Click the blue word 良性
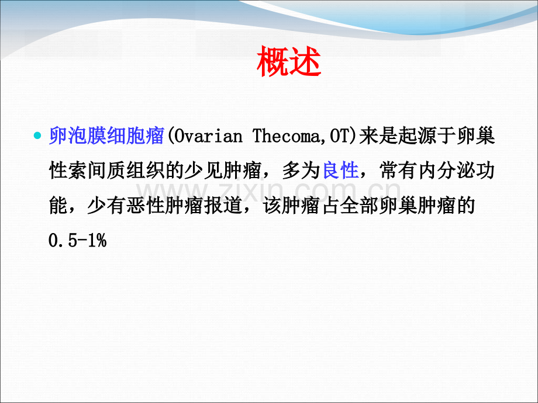[x=340, y=171]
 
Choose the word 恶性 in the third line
[x=143, y=205]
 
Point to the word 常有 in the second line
[x=398, y=171]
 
